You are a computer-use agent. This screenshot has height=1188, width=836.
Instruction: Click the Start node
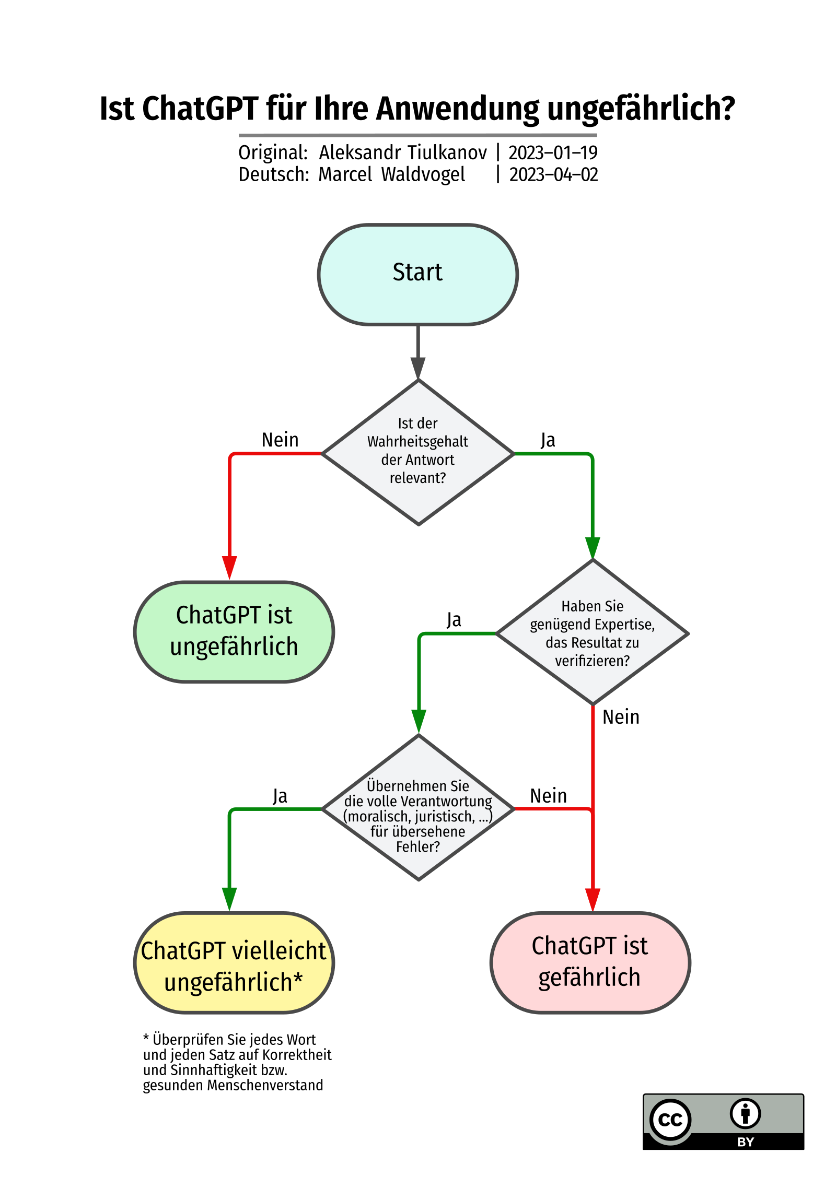pyautogui.click(x=417, y=274)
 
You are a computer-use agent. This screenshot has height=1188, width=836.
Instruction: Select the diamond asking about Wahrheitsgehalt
pyautogui.click(x=418, y=452)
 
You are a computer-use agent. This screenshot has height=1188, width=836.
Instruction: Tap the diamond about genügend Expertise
pyautogui.click(x=593, y=632)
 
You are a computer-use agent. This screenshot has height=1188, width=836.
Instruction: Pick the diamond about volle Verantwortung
pyautogui.click(x=418, y=808)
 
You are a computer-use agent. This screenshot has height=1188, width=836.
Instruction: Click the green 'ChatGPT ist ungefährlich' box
pyautogui.click(x=234, y=631)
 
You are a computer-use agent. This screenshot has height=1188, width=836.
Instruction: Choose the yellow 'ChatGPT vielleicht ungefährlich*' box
pyautogui.click(x=234, y=963)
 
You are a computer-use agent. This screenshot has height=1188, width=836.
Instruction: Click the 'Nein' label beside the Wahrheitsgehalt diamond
pyautogui.click(x=280, y=440)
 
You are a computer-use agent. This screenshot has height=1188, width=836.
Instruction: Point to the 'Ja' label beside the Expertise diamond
pyautogui.click(x=454, y=620)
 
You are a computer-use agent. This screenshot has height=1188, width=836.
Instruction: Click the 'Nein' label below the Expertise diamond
pyautogui.click(x=621, y=717)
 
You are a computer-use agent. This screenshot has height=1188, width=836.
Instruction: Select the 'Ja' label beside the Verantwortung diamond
pyautogui.click(x=280, y=796)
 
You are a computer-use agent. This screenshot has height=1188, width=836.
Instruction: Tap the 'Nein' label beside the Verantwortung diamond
pyautogui.click(x=548, y=796)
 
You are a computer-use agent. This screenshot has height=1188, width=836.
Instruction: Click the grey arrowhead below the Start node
pyautogui.click(x=418, y=368)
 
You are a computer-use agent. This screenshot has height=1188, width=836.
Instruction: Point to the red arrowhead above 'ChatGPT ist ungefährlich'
pyautogui.click(x=229, y=568)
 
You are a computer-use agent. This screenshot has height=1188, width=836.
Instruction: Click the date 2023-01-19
pyautogui.click(x=553, y=152)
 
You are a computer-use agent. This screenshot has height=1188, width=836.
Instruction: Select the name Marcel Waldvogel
pyautogui.click(x=391, y=174)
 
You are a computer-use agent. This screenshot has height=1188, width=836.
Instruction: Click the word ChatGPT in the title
pyautogui.click(x=200, y=109)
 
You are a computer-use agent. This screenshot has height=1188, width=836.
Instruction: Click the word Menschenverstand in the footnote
pyautogui.click(x=265, y=1085)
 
